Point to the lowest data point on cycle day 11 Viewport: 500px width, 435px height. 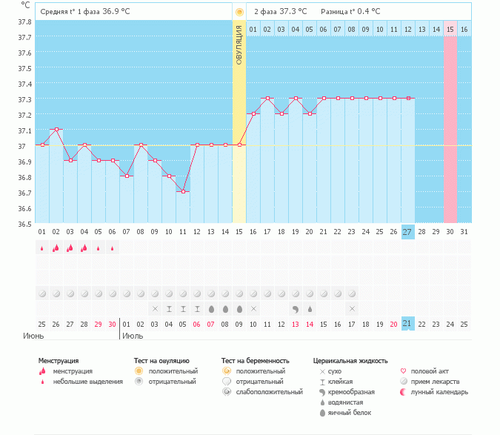click(x=183, y=191)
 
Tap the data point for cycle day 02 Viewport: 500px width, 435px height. click(x=56, y=130)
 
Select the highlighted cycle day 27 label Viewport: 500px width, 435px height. click(x=407, y=232)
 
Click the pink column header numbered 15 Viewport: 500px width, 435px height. click(x=450, y=30)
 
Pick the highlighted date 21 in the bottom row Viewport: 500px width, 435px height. click(x=407, y=324)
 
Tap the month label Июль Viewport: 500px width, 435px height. click(x=133, y=336)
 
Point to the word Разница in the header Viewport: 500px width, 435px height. click(x=335, y=12)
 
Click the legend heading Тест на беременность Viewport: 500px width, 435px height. click(x=254, y=361)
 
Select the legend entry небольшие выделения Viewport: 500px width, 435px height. click(x=83, y=382)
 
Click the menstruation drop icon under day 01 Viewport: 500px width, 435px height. click(x=42, y=248)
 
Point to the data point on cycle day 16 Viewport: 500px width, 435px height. click(x=253, y=114)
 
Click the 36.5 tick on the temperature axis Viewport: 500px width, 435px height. click(x=24, y=224)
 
